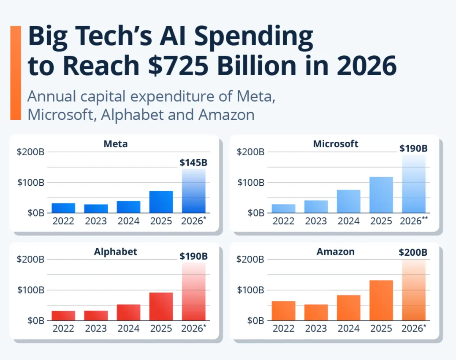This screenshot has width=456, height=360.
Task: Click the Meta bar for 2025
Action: (161, 202)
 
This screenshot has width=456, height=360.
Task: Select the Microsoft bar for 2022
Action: (283, 208)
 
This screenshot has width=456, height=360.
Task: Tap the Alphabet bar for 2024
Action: (128, 312)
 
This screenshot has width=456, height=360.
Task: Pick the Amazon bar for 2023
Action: (316, 312)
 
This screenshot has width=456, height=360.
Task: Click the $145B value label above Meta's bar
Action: (193, 162)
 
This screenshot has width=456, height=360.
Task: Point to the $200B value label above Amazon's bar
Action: (413, 252)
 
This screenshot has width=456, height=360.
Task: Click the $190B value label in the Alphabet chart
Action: (193, 256)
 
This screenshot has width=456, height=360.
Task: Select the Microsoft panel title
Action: (336, 144)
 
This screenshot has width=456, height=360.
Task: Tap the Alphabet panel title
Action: (115, 252)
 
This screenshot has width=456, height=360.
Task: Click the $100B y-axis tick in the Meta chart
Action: (30, 183)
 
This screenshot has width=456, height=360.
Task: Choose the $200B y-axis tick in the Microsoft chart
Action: (251, 152)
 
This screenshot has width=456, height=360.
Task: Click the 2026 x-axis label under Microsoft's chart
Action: (413, 221)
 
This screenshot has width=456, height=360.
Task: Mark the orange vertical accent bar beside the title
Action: (16, 73)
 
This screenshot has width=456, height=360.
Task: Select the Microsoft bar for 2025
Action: (381, 195)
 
